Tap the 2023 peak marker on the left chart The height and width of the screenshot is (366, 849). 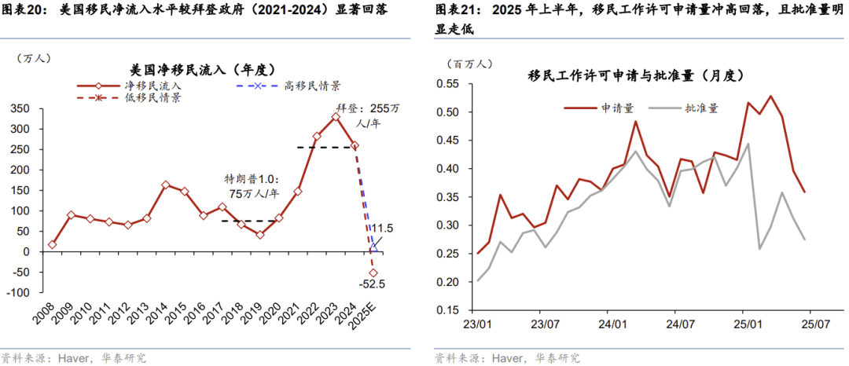[x=336, y=116]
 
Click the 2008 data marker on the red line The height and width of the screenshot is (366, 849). [x=52, y=244]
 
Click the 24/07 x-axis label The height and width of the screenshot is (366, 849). [x=679, y=323]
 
